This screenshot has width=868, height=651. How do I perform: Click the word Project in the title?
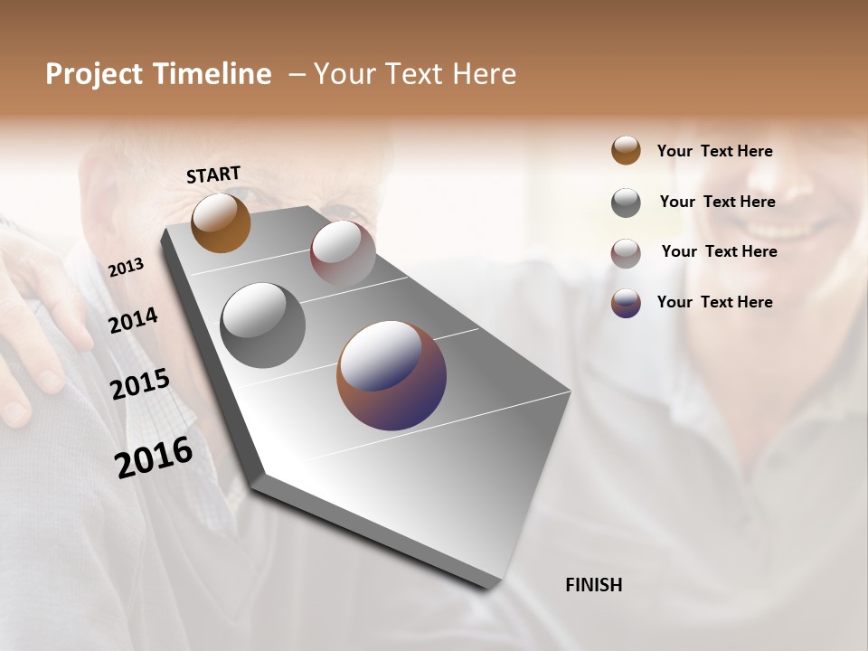pyautogui.click(x=95, y=74)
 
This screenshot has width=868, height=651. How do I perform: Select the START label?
pyautogui.click(x=213, y=175)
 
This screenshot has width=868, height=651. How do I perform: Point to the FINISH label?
pyautogui.click(x=594, y=585)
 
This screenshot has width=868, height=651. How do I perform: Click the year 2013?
pyautogui.click(x=126, y=268)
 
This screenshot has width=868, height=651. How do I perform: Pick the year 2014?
pyautogui.click(x=133, y=321)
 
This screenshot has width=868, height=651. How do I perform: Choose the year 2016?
pyautogui.click(x=154, y=457)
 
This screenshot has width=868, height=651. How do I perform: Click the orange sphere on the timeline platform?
pyautogui.click(x=221, y=222)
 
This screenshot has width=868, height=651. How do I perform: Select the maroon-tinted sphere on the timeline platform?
pyautogui.click(x=343, y=253)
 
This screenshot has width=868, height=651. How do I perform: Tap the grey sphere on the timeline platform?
pyautogui.click(x=262, y=325)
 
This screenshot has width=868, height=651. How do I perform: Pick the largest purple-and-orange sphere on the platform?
pyautogui.click(x=392, y=374)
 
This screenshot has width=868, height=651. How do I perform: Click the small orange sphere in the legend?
pyautogui.click(x=626, y=150)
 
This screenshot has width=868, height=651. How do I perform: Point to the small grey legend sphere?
pyautogui.click(x=626, y=203)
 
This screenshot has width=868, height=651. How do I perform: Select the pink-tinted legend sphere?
pyautogui.click(x=626, y=253)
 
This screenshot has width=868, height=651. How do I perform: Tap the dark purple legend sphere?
pyautogui.click(x=626, y=303)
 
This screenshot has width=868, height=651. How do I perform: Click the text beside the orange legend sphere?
pyautogui.click(x=714, y=151)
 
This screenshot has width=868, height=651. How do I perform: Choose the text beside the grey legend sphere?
pyautogui.click(x=717, y=202)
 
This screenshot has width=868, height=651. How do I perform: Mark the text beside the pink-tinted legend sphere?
pyautogui.click(x=719, y=251)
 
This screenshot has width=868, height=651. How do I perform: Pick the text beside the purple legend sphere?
pyautogui.click(x=714, y=302)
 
